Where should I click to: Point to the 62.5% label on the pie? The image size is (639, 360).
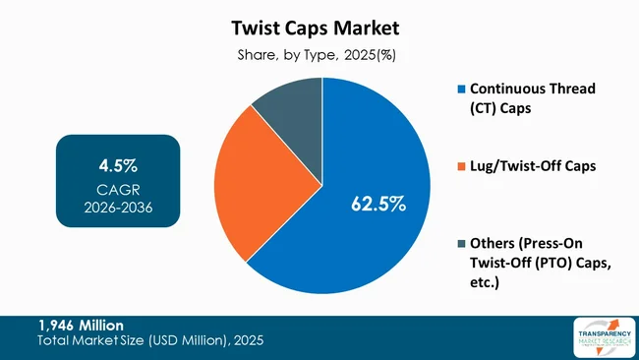coord(378,204)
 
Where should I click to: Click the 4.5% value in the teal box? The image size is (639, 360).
coord(117,164)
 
